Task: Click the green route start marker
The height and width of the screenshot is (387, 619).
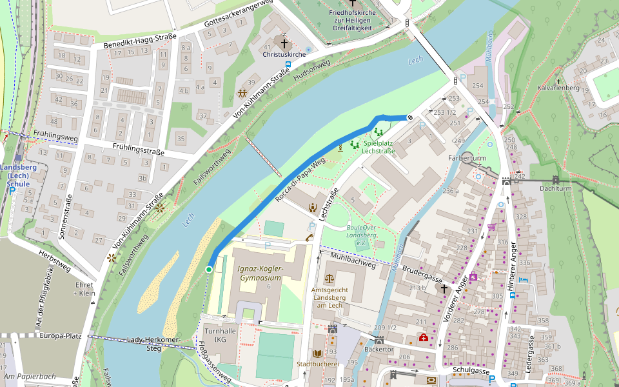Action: pos(209,269)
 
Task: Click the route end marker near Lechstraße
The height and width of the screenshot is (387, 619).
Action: pos(409,117)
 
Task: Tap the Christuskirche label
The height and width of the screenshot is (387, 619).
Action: pos(284,55)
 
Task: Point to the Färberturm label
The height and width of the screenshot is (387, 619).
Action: pos(466,158)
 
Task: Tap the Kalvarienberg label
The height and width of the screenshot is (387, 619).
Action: pos(560,88)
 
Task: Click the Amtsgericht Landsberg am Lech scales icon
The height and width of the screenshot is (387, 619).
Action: pos(330,279)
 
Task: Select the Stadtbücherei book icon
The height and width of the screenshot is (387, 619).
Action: pos(318,353)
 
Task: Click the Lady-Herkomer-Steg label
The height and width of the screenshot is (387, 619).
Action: pos(153,344)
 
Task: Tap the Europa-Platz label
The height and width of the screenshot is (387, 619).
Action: pos(60,336)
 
